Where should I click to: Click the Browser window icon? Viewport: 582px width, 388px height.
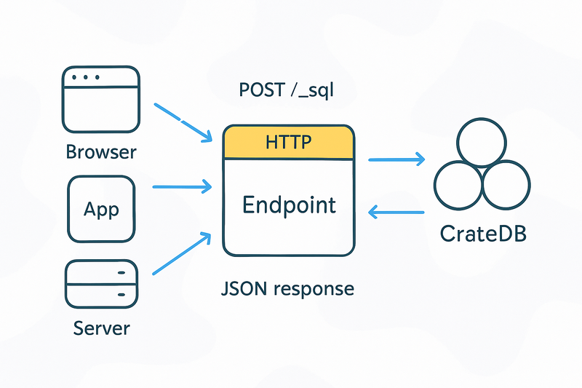click(x=100, y=100)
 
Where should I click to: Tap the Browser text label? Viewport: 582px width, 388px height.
click(x=100, y=152)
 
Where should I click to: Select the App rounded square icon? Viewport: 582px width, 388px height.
click(x=100, y=209)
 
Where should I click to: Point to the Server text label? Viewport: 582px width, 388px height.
click(x=101, y=328)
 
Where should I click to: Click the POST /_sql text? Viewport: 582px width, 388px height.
click(x=287, y=90)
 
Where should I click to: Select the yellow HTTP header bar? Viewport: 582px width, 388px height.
click(x=289, y=142)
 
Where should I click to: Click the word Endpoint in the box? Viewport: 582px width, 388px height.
click(x=289, y=205)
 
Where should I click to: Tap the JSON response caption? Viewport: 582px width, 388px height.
click(x=287, y=288)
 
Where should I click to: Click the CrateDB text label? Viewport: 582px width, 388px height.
click(x=482, y=234)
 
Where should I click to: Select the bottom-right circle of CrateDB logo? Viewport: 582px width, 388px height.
click(x=506, y=184)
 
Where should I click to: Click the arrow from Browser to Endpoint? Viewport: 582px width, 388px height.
click(x=183, y=121)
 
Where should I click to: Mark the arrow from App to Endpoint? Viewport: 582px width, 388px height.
click(x=182, y=187)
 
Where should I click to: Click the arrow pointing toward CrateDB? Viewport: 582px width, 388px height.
click(x=396, y=159)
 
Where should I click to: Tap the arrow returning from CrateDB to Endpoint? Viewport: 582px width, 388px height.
click(x=396, y=213)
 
